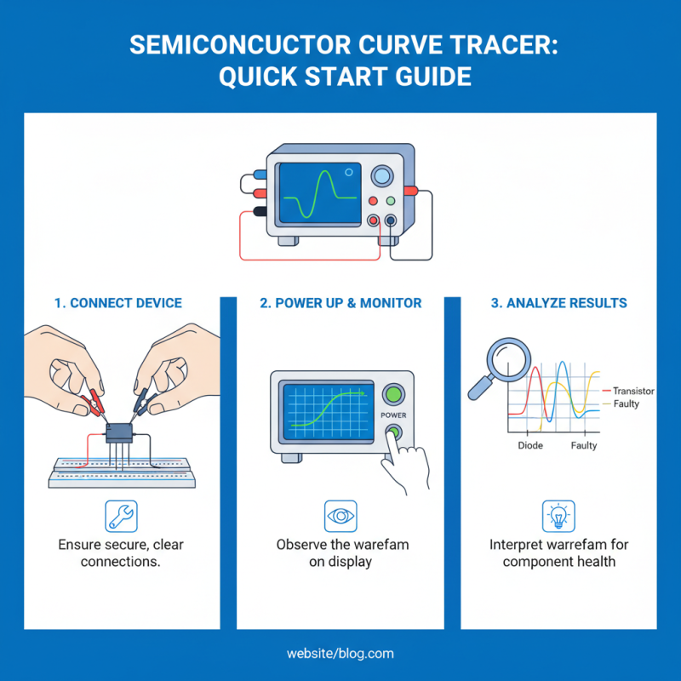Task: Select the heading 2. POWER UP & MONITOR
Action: tap(340, 303)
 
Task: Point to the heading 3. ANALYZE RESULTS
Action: tap(559, 303)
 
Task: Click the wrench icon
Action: tap(121, 516)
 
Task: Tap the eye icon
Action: tap(340, 516)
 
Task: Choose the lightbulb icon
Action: tap(559, 516)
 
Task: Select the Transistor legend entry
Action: tap(632, 391)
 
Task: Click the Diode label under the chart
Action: tap(530, 445)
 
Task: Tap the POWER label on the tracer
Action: tap(393, 416)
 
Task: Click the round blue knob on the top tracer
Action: tap(382, 175)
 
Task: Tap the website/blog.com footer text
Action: tap(340, 654)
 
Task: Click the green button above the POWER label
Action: tap(393, 394)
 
